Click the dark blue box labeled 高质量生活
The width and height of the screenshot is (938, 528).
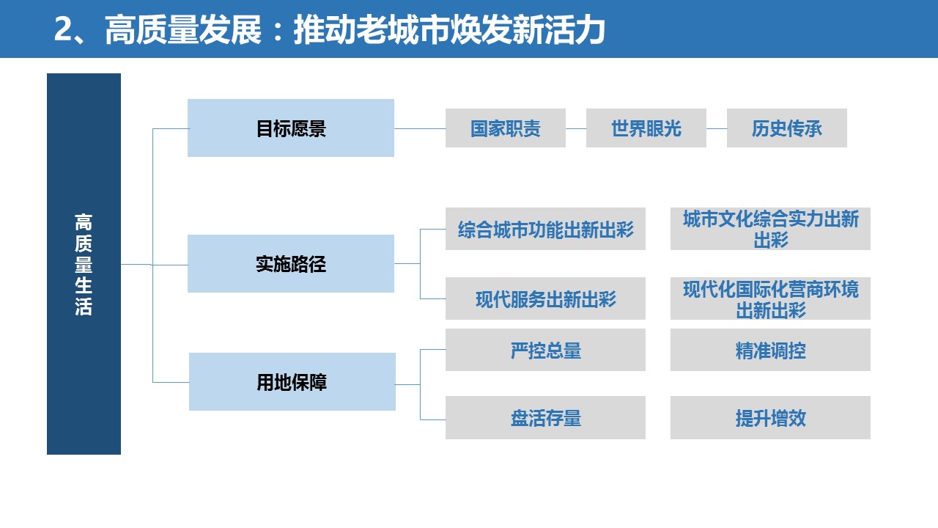pos(84,263)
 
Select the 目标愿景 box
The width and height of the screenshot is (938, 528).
pos(291,128)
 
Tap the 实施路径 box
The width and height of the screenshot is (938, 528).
pos(291,263)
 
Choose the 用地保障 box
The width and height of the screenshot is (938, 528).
pos(292,382)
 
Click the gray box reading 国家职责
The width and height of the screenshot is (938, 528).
pos(506,128)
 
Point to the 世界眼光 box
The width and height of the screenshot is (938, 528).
pos(646,128)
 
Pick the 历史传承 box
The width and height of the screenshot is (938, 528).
pos(787,128)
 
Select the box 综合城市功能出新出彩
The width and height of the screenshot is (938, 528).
pos(545,229)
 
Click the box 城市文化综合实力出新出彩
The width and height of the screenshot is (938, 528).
pos(770,229)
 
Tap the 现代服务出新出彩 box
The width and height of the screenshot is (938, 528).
pos(545,298)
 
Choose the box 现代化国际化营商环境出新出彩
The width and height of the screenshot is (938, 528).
pos(770,298)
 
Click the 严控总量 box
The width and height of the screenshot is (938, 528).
pos(545,350)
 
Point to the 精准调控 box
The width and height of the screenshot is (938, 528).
pos(770,350)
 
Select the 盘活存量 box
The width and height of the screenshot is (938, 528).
pos(545,418)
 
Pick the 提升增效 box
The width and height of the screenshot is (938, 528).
pos(770,418)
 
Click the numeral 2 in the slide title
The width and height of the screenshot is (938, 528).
pos(64,29)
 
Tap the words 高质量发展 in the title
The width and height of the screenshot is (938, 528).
pos(183,29)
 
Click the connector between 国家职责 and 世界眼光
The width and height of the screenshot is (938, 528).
pos(576,128)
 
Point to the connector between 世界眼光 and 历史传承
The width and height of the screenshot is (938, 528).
pos(717,128)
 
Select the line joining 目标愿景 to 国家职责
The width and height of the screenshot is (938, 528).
pos(420,128)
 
